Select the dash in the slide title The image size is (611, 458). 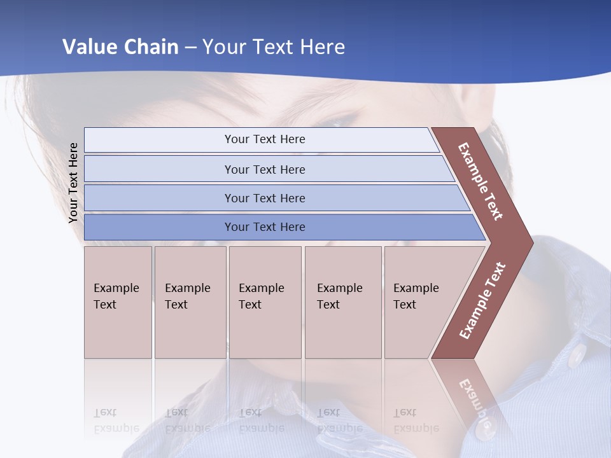tap(190, 48)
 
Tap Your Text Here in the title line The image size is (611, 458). tap(274, 47)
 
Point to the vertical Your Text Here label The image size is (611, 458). tap(73, 183)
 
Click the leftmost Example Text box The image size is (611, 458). tap(118, 302)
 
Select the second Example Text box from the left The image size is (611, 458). tap(190, 302)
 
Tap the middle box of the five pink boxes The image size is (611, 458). tap(265, 302)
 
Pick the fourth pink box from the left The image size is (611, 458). tap(343, 302)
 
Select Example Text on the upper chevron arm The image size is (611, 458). tap(481, 181)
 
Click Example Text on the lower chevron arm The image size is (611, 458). tap(482, 300)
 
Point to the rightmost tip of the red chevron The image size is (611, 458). tap(531, 242)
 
